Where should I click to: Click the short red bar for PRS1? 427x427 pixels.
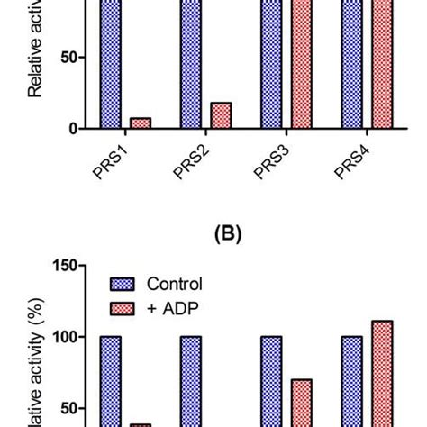tap(141, 123)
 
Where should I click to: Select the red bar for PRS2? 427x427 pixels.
tap(221, 115)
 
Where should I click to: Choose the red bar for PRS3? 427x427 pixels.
tap(300, 63)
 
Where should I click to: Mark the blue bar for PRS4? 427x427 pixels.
tap(351, 63)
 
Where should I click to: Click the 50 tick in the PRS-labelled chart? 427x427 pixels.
tap(68, 58)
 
